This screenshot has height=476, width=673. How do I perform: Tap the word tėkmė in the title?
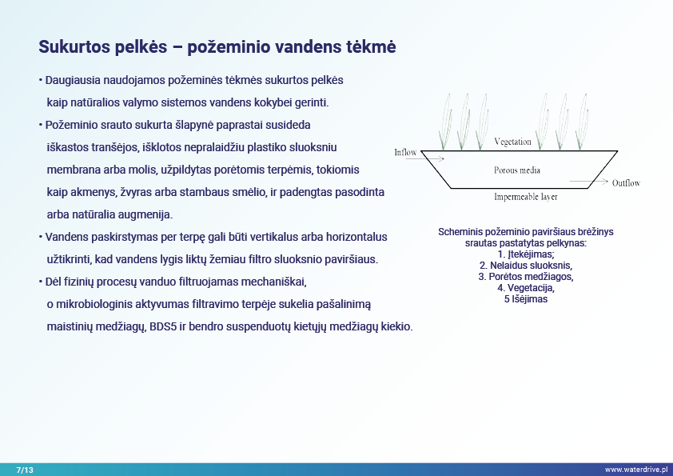370,47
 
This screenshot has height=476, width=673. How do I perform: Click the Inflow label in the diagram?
405,152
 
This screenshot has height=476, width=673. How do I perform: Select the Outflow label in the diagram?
626,183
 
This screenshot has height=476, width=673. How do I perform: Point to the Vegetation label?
512,142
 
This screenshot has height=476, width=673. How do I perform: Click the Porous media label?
517,170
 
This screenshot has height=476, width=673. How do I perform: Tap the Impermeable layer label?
525,196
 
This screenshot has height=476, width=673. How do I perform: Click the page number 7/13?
25,469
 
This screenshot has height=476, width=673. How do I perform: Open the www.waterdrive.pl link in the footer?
635,469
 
